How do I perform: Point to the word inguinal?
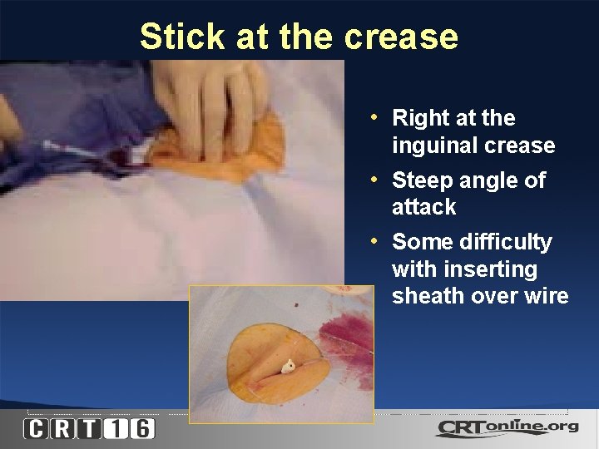[x=438, y=146]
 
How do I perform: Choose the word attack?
[x=424, y=207]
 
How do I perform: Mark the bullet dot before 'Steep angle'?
[x=376, y=178]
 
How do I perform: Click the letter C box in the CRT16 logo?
[x=36, y=429]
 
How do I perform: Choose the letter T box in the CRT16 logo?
[x=89, y=429]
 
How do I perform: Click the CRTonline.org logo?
[x=506, y=428]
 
